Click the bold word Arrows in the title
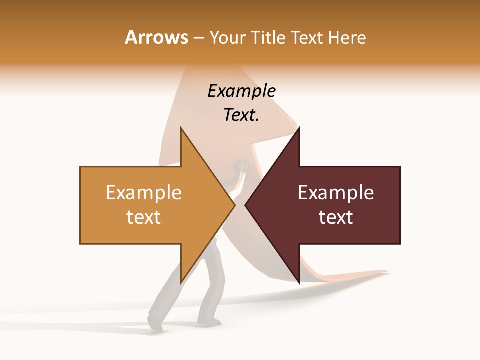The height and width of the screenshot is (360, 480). [157, 37]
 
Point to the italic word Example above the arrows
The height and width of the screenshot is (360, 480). [242, 91]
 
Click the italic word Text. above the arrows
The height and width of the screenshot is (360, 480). [242, 115]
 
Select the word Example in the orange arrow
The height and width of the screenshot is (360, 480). [144, 193]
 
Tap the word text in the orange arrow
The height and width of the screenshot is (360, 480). [144, 217]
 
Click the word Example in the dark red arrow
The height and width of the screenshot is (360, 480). [336, 193]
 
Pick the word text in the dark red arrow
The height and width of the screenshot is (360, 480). [336, 217]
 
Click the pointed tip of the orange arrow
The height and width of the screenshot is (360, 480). [234, 205]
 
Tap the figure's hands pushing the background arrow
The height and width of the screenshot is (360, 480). [242, 166]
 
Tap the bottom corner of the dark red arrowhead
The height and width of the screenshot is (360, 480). [299, 282]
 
